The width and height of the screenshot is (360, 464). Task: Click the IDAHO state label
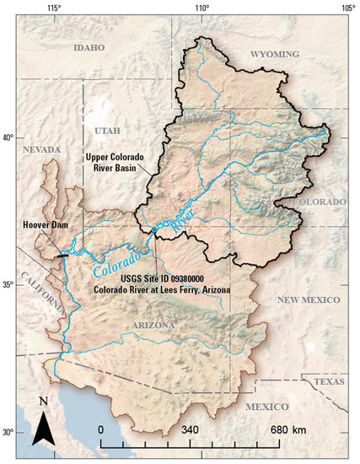click(x=89, y=48)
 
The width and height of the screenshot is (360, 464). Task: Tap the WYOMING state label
click(x=275, y=54)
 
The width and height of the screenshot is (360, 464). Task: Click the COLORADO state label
click(x=319, y=202)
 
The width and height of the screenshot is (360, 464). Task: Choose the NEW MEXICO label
click(x=308, y=299)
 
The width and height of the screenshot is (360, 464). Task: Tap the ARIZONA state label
click(x=153, y=325)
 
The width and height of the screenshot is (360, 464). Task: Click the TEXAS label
click(x=330, y=381)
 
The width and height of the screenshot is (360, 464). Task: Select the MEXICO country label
click(x=267, y=407)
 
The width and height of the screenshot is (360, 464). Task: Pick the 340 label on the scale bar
click(x=191, y=429)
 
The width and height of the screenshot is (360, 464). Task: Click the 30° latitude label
click(x=9, y=432)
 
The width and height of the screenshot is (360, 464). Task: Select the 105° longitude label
click(x=347, y=8)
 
